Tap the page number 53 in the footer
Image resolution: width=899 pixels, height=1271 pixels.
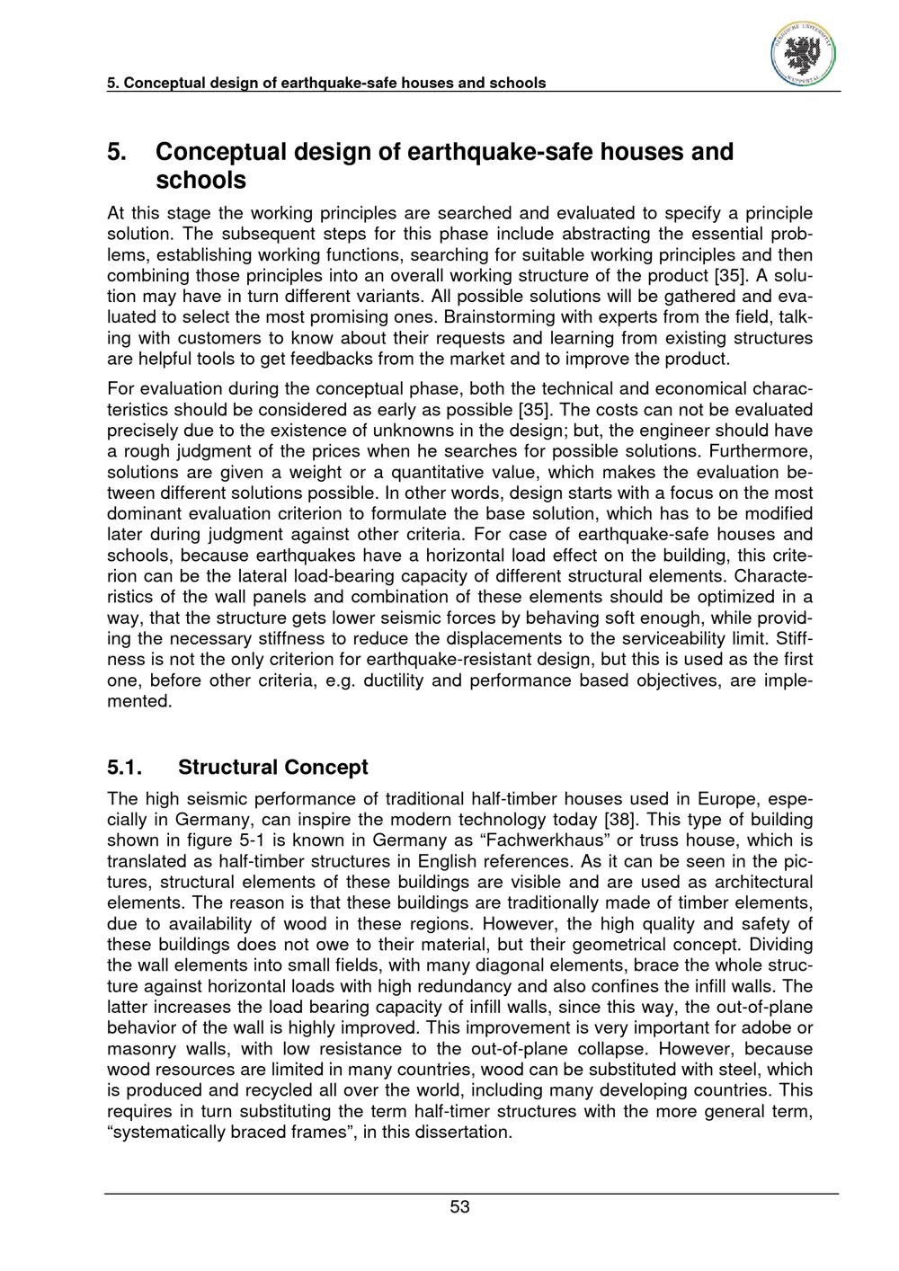tap(459, 1206)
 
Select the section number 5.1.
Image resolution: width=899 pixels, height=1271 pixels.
tap(125, 767)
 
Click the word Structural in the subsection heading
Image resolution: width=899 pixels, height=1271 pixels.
tap(227, 767)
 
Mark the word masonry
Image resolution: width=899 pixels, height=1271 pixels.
tap(139, 1048)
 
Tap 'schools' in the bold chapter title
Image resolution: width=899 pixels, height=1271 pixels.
tap(201, 180)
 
